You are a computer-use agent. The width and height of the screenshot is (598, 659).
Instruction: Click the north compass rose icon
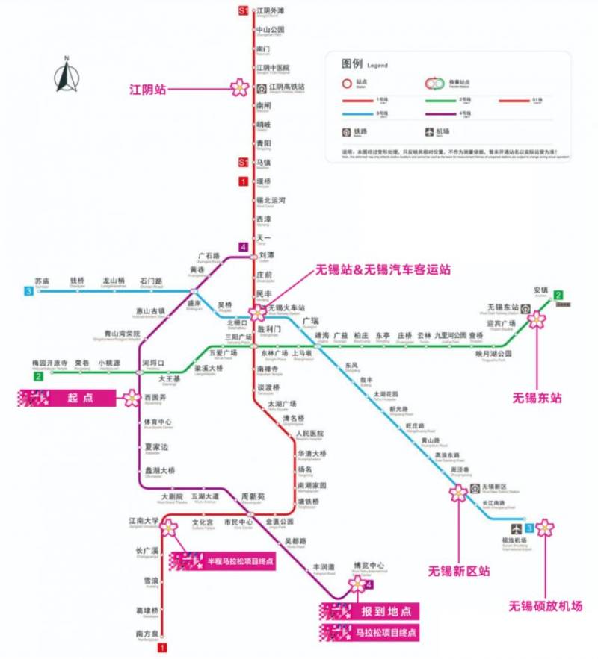(x=67, y=75)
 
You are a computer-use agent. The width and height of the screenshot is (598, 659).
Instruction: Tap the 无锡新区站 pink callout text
(x=459, y=571)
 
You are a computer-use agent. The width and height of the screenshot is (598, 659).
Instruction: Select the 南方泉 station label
(x=147, y=634)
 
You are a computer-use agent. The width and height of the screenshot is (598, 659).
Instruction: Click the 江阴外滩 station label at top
(x=271, y=11)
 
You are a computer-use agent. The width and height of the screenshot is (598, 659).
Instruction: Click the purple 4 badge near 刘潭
(x=243, y=247)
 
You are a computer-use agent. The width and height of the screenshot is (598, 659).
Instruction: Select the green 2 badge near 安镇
(x=558, y=295)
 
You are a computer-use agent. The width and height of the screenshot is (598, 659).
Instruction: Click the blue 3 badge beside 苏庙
(x=29, y=292)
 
